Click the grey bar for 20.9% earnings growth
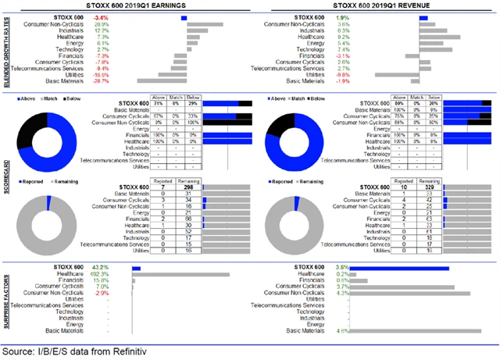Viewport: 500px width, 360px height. [205, 24]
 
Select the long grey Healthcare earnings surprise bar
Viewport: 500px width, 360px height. [180, 274]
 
